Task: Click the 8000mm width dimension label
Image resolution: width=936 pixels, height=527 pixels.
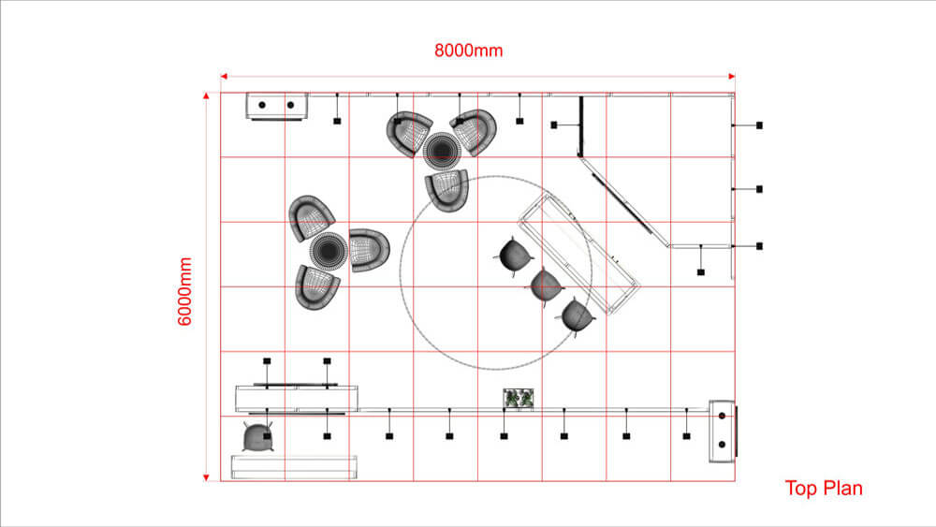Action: (469, 51)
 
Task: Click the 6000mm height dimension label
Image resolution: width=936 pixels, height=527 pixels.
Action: (185, 291)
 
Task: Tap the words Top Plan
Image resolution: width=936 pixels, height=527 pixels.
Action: (823, 489)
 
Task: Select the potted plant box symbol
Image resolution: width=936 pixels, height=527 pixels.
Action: (519, 398)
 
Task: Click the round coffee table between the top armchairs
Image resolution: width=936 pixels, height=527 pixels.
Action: (442, 151)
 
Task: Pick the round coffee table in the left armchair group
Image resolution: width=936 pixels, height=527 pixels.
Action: (329, 251)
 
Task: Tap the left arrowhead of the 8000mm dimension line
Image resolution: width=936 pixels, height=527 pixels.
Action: (224, 77)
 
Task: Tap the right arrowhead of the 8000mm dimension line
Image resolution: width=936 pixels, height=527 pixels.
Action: (731, 77)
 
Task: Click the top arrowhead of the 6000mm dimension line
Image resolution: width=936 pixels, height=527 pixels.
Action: (206, 95)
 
